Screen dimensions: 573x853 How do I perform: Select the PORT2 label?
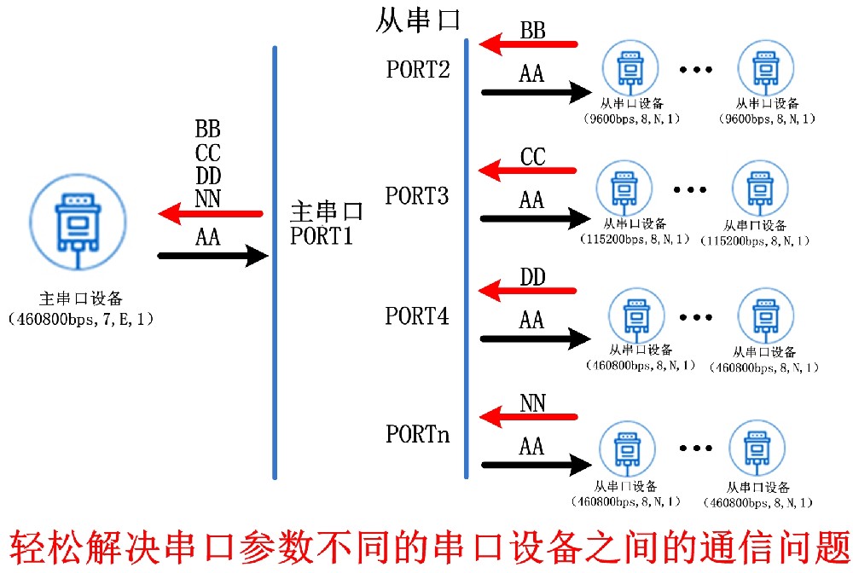coord(418,70)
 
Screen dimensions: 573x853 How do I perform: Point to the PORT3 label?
coord(417,196)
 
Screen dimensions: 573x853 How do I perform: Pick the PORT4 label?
coord(417,316)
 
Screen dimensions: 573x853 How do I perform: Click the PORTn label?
coord(417,434)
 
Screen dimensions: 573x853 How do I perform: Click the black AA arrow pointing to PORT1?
coord(213,254)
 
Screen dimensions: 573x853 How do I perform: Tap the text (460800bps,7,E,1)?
coord(81,320)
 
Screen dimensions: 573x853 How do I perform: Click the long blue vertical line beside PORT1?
coord(275,263)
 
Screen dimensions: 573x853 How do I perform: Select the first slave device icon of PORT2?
coord(630,71)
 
